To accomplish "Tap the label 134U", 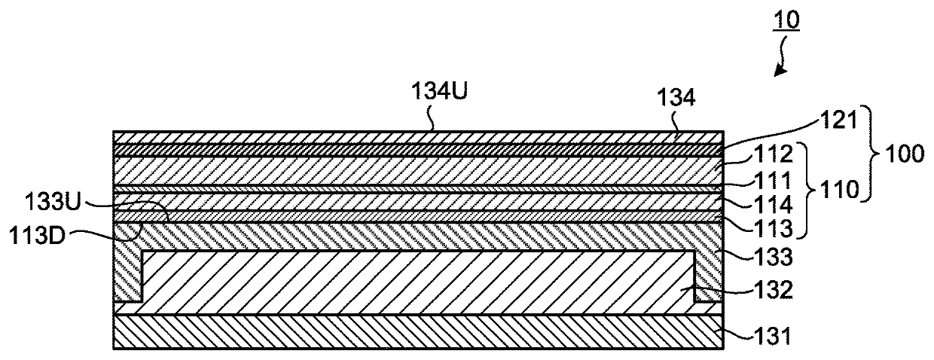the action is [439, 90].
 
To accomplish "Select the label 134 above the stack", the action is [676, 98].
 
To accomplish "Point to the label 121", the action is [838, 121].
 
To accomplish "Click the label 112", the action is [774, 154].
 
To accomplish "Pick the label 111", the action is [773, 180].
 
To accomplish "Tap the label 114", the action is [774, 204].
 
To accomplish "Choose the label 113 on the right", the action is [774, 228].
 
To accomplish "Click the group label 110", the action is [839, 191].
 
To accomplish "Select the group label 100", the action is [905, 154].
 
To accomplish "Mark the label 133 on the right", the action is [774, 257].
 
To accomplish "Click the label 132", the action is [774, 289].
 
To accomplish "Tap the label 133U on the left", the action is [53, 203].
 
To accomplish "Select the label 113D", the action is [38, 236].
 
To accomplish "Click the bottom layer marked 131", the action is [418, 331].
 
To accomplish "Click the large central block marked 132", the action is [418, 282].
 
